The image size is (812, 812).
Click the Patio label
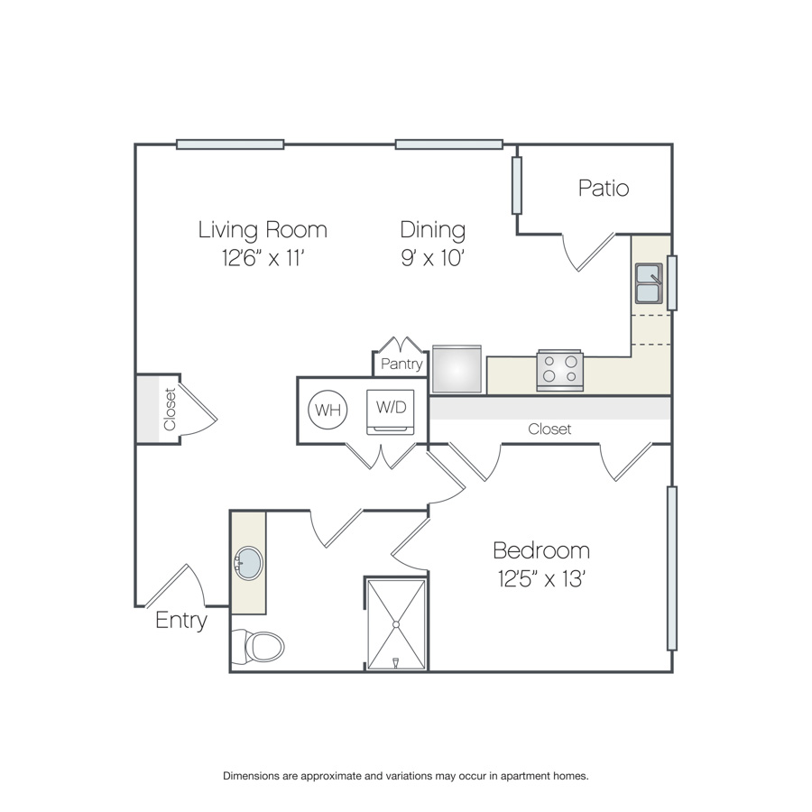tap(604, 188)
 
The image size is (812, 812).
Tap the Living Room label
tap(263, 230)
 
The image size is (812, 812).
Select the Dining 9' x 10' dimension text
tap(433, 244)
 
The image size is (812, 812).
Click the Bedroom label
tap(541, 550)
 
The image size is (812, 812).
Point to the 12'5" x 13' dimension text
tap(541, 579)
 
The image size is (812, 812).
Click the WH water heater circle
tap(328, 410)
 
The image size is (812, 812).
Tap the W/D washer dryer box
tap(391, 412)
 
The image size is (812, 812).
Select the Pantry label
tap(401, 364)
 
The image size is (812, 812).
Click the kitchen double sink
tap(649, 283)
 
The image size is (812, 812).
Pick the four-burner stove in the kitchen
tap(559, 370)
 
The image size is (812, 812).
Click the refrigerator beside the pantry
tap(457, 369)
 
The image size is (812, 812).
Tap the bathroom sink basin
tap(249, 563)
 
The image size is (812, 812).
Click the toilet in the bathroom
tap(258, 646)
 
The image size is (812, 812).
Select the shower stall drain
tap(396, 624)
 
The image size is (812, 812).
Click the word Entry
tap(181, 621)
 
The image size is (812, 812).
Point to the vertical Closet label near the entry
tap(170, 409)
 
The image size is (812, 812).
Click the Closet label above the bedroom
tap(549, 429)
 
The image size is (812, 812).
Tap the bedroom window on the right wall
tap(672, 568)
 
